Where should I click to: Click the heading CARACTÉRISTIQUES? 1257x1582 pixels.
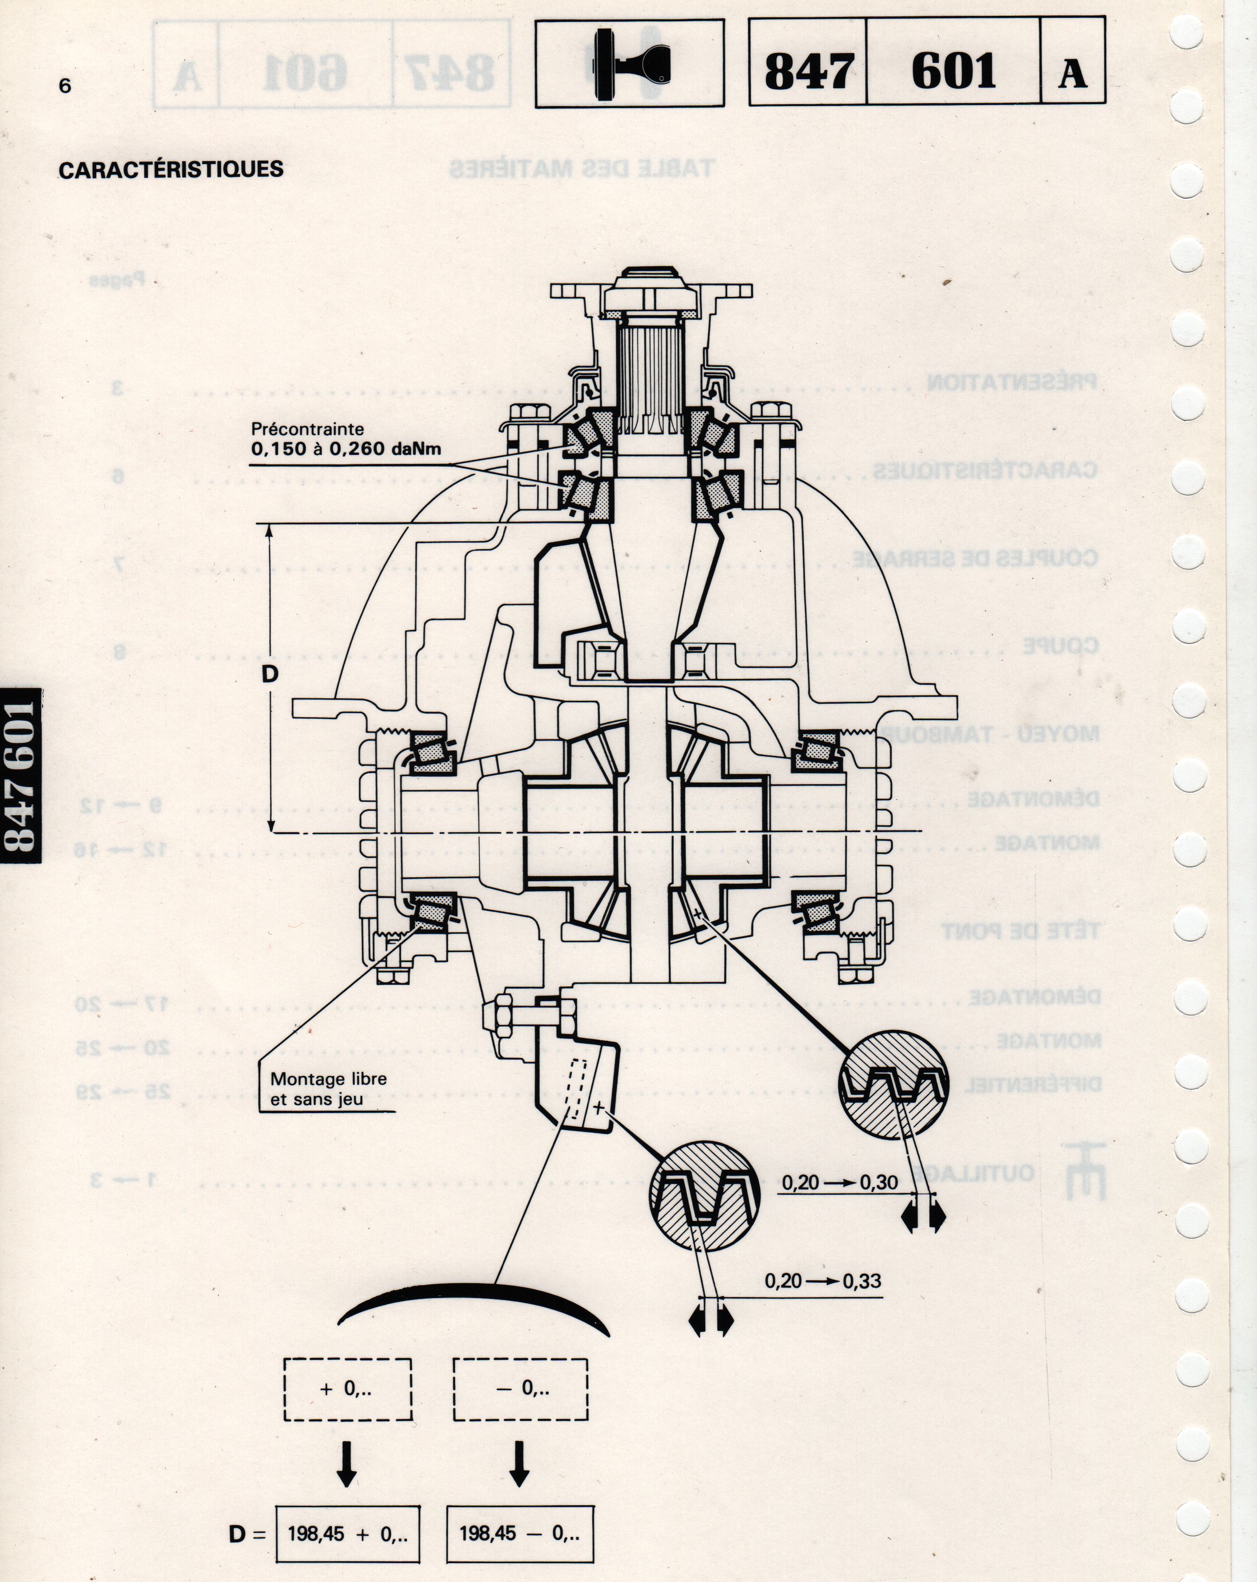tap(171, 169)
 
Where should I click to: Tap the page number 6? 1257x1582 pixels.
tap(65, 86)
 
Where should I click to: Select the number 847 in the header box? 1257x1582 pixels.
tap(808, 72)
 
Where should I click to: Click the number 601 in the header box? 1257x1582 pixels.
tap(953, 72)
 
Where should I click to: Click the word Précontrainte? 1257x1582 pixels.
tap(307, 429)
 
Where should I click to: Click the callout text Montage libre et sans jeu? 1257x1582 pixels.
tap(328, 1089)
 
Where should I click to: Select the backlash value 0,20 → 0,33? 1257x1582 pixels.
tap(823, 1281)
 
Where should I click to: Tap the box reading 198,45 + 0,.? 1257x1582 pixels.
tap(348, 1534)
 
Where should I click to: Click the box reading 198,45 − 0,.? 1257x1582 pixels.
tap(519, 1534)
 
